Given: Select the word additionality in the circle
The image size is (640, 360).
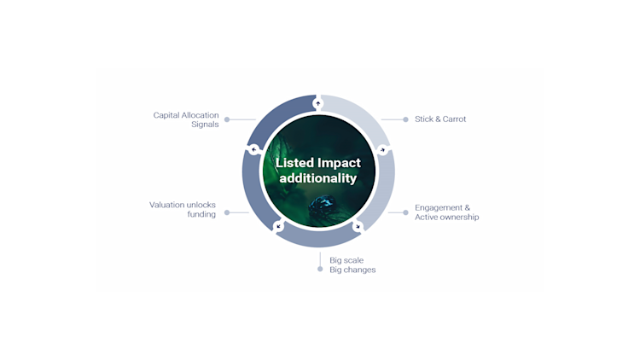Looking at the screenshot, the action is coord(317,178).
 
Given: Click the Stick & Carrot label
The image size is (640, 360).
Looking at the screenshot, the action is coord(440,119).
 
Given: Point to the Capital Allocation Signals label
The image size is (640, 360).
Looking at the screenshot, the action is coord(186,119).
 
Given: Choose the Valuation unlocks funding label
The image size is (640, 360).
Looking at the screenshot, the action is coord(183,209).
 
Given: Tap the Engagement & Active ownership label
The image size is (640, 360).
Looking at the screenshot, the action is coord(446,212).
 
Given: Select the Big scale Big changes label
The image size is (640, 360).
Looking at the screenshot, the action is coord(352,264).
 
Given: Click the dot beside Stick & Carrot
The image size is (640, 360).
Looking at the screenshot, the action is coord(405,119).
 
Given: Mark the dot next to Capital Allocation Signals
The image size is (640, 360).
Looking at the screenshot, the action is coord(227,119).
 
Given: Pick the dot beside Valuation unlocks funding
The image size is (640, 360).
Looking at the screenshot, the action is coord(227,212).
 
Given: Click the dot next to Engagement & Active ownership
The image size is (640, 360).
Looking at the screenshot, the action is coord(405,212).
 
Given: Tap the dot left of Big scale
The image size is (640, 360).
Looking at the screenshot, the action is coord(320,269).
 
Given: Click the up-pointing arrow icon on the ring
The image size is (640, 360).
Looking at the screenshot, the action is coord(317,103).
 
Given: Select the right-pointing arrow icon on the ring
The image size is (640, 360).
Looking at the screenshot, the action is coord(381,150).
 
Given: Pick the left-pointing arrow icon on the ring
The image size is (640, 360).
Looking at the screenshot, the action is coord(253,150).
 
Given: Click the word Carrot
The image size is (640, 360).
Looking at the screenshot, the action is coord(453,119).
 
